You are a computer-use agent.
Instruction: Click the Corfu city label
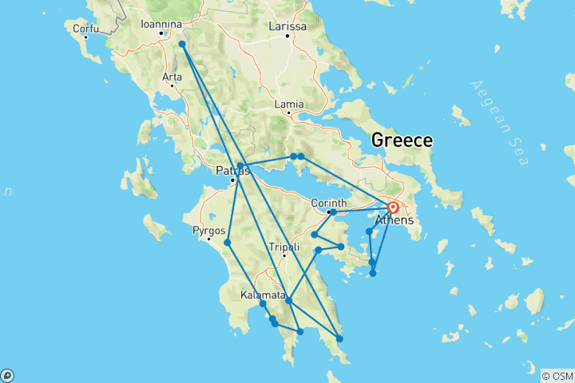(x=85, y=30)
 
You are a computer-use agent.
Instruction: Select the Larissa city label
(x=287, y=26)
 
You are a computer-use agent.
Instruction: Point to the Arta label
(x=172, y=77)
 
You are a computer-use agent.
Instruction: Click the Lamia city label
(x=288, y=104)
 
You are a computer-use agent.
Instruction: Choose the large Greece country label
(x=401, y=140)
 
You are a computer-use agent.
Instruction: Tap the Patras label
(x=232, y=170)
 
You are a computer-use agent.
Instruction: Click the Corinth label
(x=328, y=203)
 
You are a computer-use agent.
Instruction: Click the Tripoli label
(x=284, y=247)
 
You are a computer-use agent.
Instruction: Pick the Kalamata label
(x=261, y=295)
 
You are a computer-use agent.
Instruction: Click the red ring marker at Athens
(x=393, y=207)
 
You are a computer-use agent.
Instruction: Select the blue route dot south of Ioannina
(x=182, y=45)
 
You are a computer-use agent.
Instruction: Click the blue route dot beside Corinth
(x=332, y=212)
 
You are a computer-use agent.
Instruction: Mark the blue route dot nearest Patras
(x=240, y=166)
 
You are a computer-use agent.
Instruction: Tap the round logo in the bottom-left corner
(x=7, y=375)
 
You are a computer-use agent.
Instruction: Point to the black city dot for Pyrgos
(x=209, y=239)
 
